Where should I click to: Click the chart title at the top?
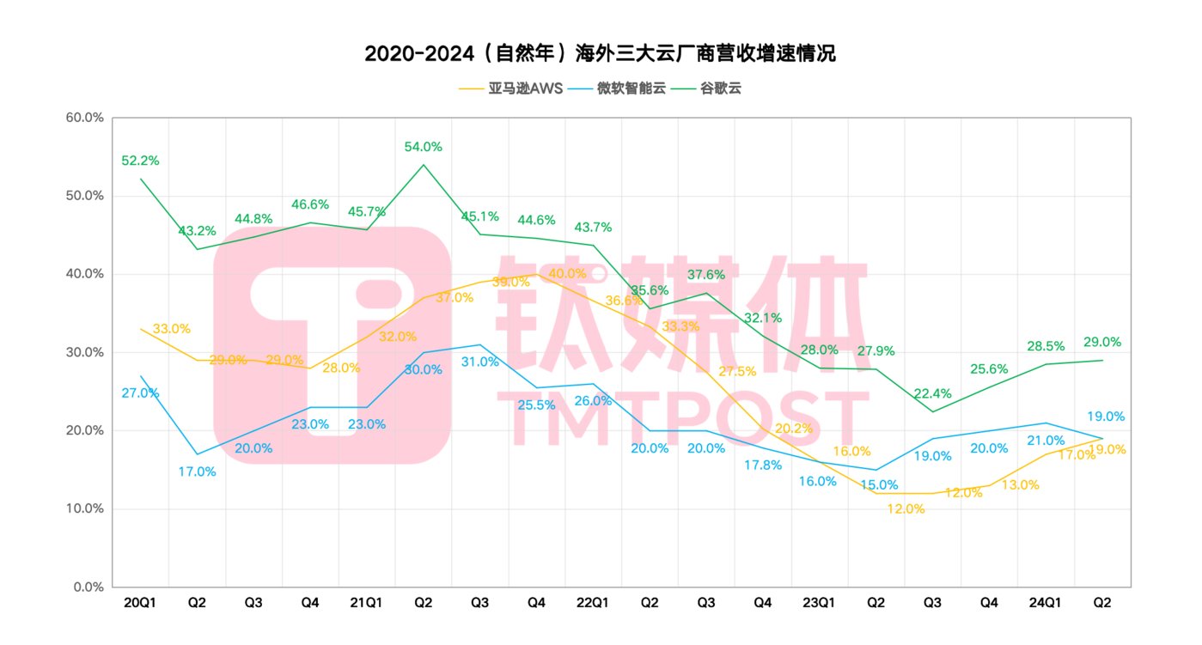tap(600, 53)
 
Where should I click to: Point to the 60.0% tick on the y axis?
tap(84, 118)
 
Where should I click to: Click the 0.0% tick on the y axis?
tap(88, 587)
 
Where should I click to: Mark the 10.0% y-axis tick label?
tap(84, 508)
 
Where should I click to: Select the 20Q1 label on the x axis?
tap(140, 603)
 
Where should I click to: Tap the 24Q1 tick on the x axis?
tap(1046, 603)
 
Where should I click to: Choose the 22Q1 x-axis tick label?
tap(593, 603)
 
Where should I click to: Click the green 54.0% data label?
tap(424, 147)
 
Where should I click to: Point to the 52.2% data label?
tap(140, 161)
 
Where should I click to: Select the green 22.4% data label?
tap(933, 393)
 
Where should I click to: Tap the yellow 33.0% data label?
tap(172, 328)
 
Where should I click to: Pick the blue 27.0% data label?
tap(140, 392)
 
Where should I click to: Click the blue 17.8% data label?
tap(763, 465)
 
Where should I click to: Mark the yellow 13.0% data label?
tap(1020, 484)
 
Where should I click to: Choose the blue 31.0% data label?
tap(479, 362)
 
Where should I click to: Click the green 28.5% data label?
tap(1046, 346)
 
